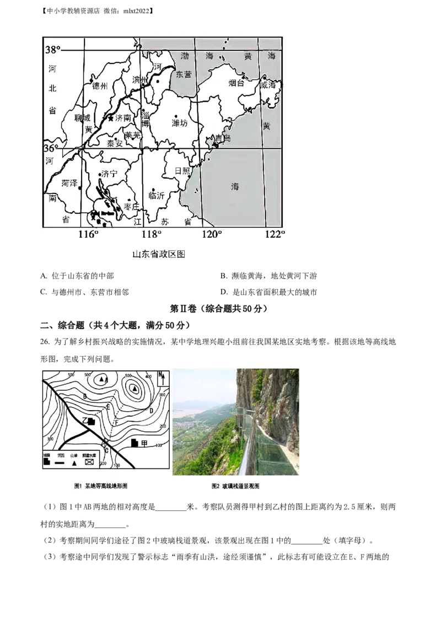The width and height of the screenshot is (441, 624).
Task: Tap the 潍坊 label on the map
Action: [180, 123]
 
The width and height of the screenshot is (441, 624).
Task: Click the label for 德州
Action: [100, 86]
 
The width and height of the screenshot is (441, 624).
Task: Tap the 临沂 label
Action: [157, 195]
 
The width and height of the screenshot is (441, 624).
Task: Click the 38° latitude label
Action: [52, 50]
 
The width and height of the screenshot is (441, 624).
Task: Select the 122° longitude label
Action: [275, 234]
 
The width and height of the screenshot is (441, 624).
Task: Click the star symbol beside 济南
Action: [111, 118]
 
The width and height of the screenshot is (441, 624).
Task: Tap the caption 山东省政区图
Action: [159, 254]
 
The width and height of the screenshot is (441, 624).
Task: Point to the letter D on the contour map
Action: [151, 410]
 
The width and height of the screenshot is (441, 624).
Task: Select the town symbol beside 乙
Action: [92, 421]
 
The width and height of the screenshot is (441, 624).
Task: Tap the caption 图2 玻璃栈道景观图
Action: [235, 486]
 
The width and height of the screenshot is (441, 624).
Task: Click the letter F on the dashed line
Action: [116, 422]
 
